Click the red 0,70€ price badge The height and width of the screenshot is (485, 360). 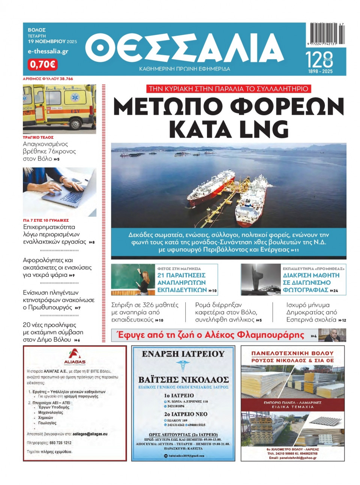[x=42, y=64]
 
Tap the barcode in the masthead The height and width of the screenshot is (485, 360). [x=327, y=34]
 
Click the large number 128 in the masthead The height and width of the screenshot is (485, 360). [x=319, y=60]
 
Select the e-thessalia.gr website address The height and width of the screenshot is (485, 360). [x=48, y=51]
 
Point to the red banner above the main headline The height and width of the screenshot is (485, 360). [x=228, y=89]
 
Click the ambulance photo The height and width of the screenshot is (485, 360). [x=59, y=109]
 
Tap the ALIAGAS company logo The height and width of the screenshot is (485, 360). [x=75, y=357]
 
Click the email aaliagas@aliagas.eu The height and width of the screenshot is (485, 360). [x=90, y=434]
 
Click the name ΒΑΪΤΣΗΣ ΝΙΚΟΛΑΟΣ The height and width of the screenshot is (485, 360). [x=183, y=379]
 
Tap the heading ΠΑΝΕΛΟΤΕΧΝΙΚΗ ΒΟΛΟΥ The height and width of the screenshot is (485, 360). [x=292, y=353]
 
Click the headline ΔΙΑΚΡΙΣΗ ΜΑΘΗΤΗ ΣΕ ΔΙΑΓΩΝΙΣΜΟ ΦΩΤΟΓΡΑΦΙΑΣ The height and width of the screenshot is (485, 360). [x=311, y=282]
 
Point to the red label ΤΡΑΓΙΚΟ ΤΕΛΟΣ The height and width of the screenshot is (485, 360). [x=38, y=137]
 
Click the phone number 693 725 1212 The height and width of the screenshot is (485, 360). [x=60, y=443]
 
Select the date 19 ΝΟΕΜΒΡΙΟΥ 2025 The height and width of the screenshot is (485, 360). [x=52, y=42]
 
